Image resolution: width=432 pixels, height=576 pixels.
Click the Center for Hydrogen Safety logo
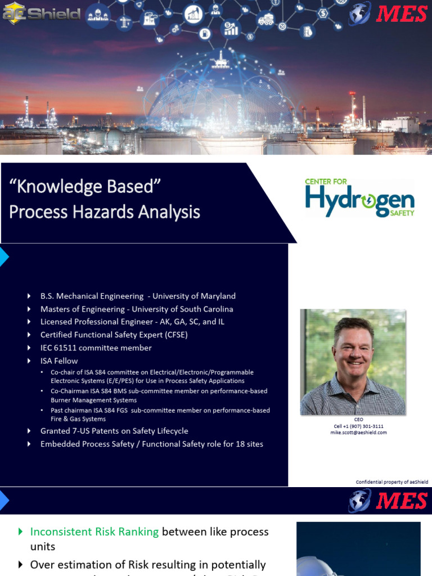359,199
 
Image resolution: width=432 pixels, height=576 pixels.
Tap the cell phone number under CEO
358,426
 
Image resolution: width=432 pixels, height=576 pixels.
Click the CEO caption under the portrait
358,420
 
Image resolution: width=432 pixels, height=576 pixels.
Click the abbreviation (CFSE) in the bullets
169,335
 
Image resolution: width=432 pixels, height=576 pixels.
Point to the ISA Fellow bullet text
59,361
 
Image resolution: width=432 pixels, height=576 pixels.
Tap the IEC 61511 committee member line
96,348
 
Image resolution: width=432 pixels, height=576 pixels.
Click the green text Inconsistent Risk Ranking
94,532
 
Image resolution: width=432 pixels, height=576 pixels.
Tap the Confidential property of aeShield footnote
391,482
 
